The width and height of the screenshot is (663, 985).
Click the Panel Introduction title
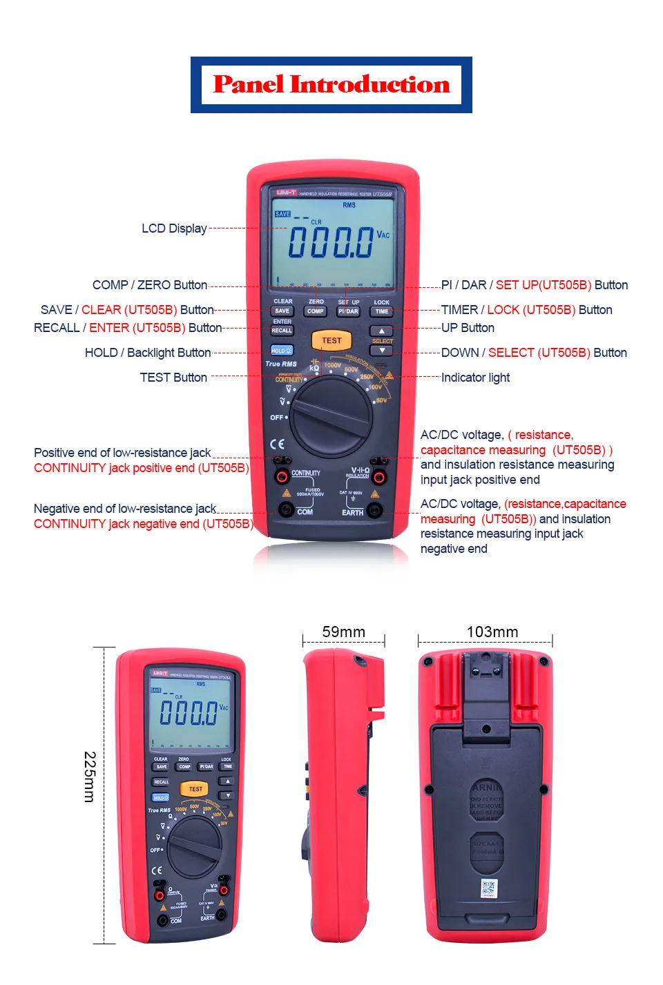tap(331, 85)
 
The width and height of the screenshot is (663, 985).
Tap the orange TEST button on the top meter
tap(331, 340)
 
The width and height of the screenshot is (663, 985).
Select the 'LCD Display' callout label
tap(174, 228)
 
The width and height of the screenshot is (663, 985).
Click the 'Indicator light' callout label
tap(475, 378)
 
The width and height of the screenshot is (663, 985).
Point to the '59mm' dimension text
tap(343, 632)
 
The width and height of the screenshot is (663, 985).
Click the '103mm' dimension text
tap(492, 632)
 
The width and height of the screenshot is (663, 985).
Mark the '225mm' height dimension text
tap(89, 777)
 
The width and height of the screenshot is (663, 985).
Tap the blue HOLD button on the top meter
tap(281, 351)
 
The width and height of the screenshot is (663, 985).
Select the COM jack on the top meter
tap(285, 510)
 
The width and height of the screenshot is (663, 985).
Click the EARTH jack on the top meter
tap(374, 510)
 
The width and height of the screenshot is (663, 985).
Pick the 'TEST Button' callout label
tap(173, 378)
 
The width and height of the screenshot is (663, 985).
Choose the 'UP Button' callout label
tap(468, 328)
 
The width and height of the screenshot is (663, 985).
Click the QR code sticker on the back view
tap(488, 888)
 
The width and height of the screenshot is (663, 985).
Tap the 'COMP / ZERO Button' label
tap(150, 285)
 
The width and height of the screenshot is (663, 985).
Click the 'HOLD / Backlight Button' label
tap(148, 353)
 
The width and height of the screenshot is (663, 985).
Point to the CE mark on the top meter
tap(277, 444)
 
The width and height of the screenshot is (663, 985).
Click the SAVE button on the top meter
tap(282, 311)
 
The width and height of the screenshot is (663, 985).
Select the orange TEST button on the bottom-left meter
tap(195, 788)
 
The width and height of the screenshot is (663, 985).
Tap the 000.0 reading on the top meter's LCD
tap(331, 242)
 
